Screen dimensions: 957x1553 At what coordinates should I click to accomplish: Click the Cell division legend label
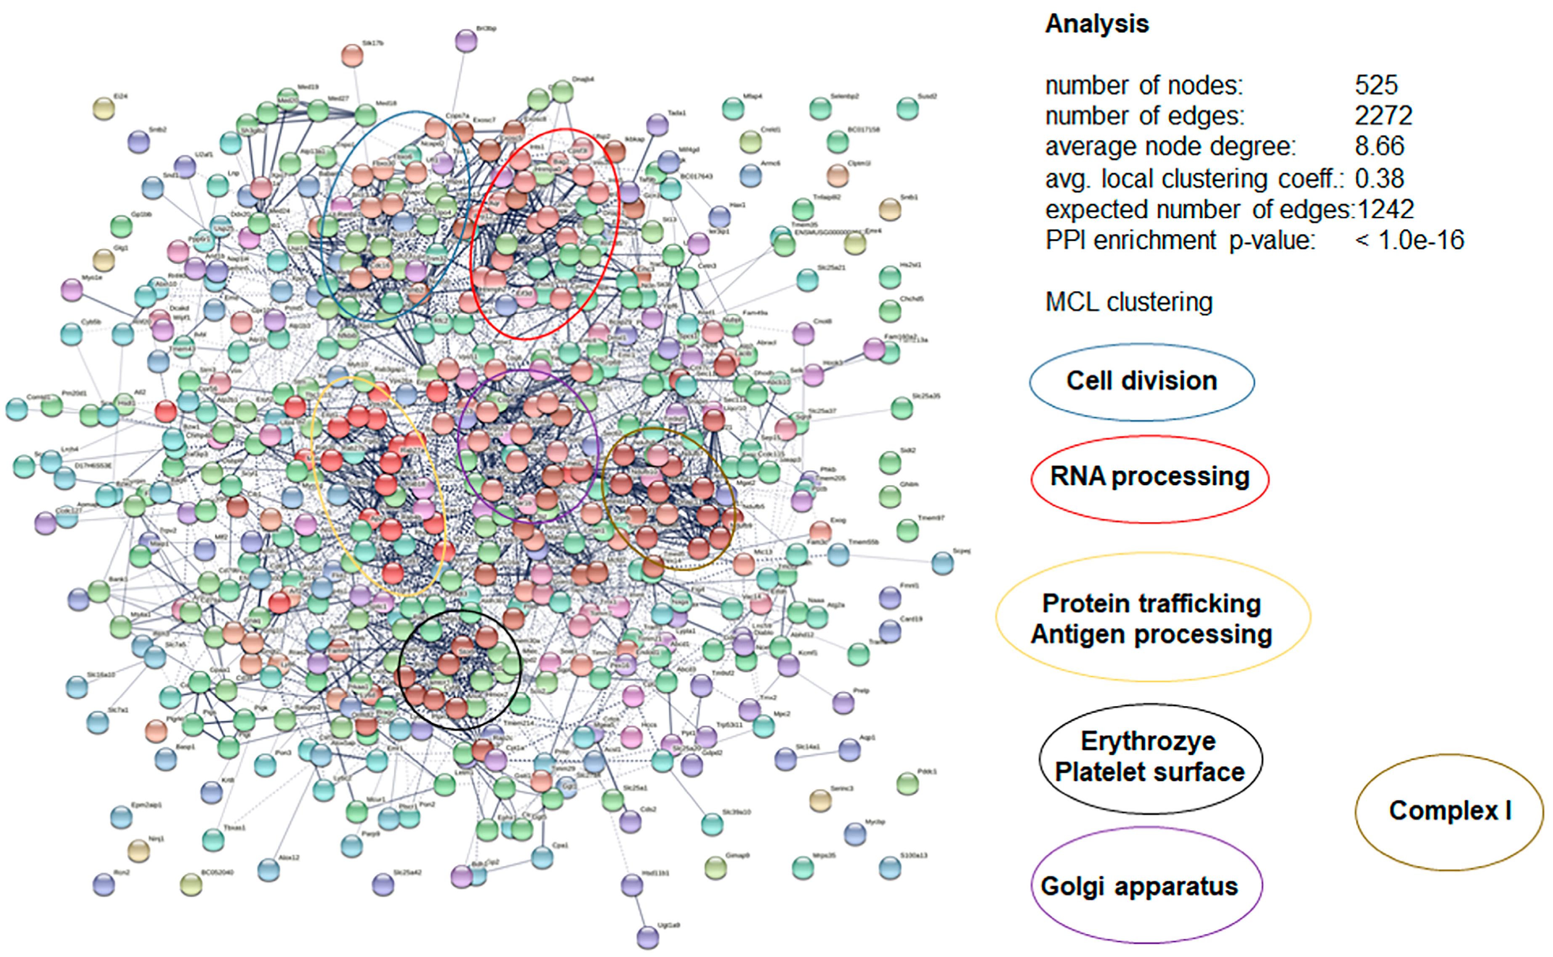tap(1142, 381)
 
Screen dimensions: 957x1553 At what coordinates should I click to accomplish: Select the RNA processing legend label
tap(1149, 476)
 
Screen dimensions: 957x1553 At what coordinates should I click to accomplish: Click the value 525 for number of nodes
tap(1376, 85)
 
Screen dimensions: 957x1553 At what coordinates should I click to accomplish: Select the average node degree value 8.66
tap(1379, 146)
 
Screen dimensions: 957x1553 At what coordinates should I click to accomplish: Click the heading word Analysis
tap(1097, 24)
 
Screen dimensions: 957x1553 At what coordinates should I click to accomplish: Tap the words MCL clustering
tap(1128, 302)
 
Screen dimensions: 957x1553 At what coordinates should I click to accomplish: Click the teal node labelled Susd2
tap(907, 109)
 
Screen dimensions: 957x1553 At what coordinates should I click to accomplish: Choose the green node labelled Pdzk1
tap(907, 784)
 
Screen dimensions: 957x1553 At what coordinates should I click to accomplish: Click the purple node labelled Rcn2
tap(104, 884)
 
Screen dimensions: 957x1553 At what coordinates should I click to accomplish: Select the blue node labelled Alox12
tap(269, 870)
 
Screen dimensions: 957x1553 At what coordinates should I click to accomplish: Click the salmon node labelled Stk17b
tap(352, 56)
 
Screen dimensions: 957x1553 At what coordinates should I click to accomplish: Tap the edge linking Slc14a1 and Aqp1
tap(818, 755)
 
